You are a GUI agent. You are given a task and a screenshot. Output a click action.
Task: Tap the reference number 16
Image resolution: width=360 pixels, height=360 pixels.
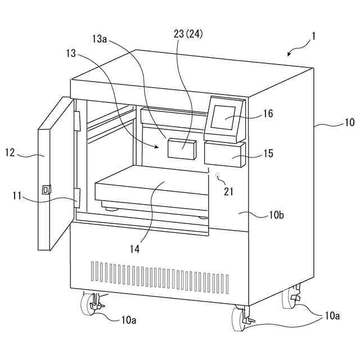click(x=267, y=114)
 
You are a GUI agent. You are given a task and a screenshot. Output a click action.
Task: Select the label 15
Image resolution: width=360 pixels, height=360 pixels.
click(x=267, y=152)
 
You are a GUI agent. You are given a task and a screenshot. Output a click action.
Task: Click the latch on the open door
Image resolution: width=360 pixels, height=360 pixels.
click(x=46, y=190)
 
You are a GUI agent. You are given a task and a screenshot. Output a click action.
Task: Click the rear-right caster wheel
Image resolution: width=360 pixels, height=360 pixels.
click(x=294, y=298)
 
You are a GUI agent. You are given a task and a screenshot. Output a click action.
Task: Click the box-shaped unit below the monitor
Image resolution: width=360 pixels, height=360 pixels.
click(x=224, y=154)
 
